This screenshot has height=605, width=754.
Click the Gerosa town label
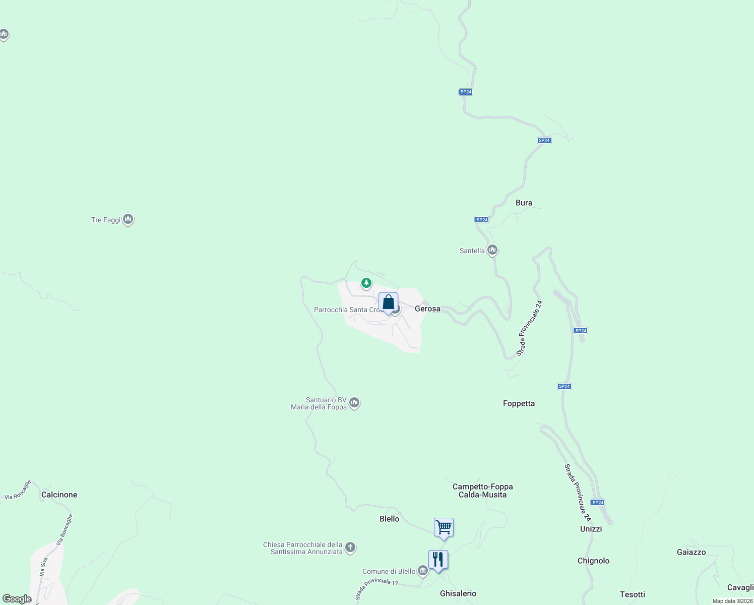point(427,309)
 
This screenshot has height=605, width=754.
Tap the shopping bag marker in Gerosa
point(388,302)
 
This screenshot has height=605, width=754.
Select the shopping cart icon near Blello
point(444,528)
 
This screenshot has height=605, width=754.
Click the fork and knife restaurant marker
point(438,560)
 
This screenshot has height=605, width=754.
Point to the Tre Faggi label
point(106,220)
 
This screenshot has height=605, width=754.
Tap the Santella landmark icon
point(492,250)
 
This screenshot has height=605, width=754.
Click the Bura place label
point(524,203)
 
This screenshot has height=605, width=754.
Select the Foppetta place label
point(519,403)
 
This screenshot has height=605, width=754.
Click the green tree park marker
point(366,283)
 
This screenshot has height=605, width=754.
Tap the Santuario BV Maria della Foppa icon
point(354,403)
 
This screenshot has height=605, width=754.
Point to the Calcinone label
point(59,495)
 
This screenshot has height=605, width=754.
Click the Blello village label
point(389,519)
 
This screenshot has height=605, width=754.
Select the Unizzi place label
point(591,529)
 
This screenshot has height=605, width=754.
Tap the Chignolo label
point(593,561)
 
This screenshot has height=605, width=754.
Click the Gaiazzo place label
point(691,552)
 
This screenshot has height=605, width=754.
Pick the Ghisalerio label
point(458,593)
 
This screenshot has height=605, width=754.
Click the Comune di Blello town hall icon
point(423,571)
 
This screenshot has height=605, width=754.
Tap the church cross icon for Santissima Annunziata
point(350,548)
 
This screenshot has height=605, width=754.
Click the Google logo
point(17,599)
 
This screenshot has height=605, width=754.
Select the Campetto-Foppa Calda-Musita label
point(482,491)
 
